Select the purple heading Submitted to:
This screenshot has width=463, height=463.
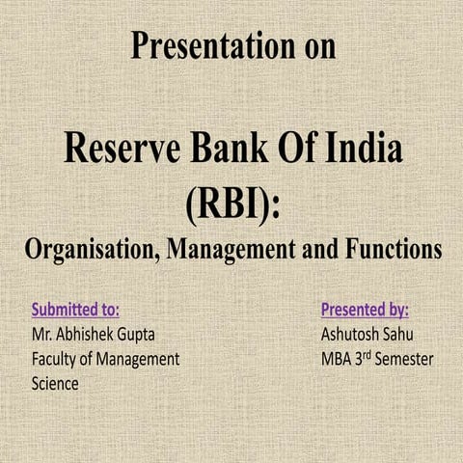[75, 311]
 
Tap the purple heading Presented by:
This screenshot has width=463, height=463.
[364, 311]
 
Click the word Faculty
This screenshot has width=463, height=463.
[56, 359]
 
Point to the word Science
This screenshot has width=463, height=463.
[55, 383]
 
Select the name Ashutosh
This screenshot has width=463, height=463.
[354, 335]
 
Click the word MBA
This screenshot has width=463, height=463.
[338, 359]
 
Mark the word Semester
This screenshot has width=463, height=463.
[402, 359]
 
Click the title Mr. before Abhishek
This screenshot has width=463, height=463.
[42, 335]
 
